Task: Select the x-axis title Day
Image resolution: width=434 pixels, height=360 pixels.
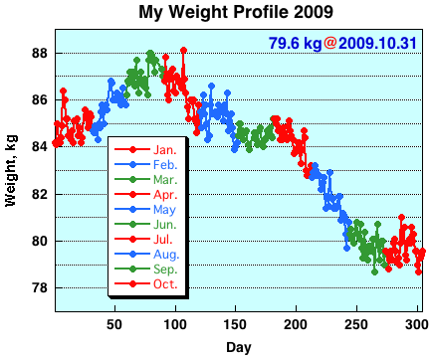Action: [x=238, y=347]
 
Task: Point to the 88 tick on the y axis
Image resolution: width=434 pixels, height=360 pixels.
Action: [x=41, y=53]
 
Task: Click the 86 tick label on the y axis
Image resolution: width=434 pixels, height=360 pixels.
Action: [x=41, y=99]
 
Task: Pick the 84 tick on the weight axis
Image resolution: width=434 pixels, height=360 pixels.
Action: [x=41, y=147]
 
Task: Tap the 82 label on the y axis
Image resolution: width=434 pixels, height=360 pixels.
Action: [x=41, y=194]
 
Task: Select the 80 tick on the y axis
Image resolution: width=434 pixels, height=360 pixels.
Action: [x=41, y=241]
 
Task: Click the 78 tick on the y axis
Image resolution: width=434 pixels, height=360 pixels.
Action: [x=41, y=287]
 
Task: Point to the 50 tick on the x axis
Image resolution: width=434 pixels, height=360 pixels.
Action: [x=114, y=323]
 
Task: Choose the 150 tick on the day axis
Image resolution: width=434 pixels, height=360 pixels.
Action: [x=235, y=323]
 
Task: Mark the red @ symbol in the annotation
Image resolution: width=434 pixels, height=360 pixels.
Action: [x=329, y=44]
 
